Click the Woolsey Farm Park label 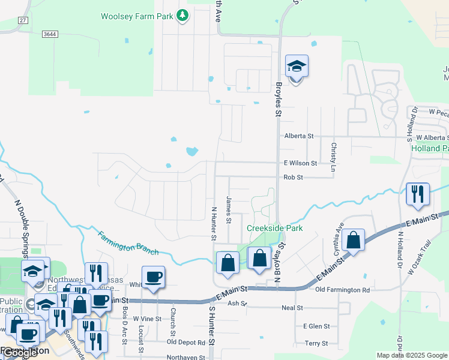click(x=136, y=16)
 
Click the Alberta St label click(x=299, y=136)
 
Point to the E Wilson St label click(x=300, y=163)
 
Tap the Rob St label click(x=294, y=178)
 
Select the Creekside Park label click(x=275, y=229)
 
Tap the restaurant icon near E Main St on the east click(x=418, y=194)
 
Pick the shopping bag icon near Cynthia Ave click(x=354, y=241)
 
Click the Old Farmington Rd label click(x=343, y=290)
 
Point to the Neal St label click(x=293, y=308)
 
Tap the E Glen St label click(x=316, y=326)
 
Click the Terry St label click(x=316, y=343)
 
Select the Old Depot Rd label click(x=186, y=343)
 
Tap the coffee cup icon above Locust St click(x=153, y=277)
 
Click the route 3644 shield click(x=50, y=34)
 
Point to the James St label click(x=229, y=209)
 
